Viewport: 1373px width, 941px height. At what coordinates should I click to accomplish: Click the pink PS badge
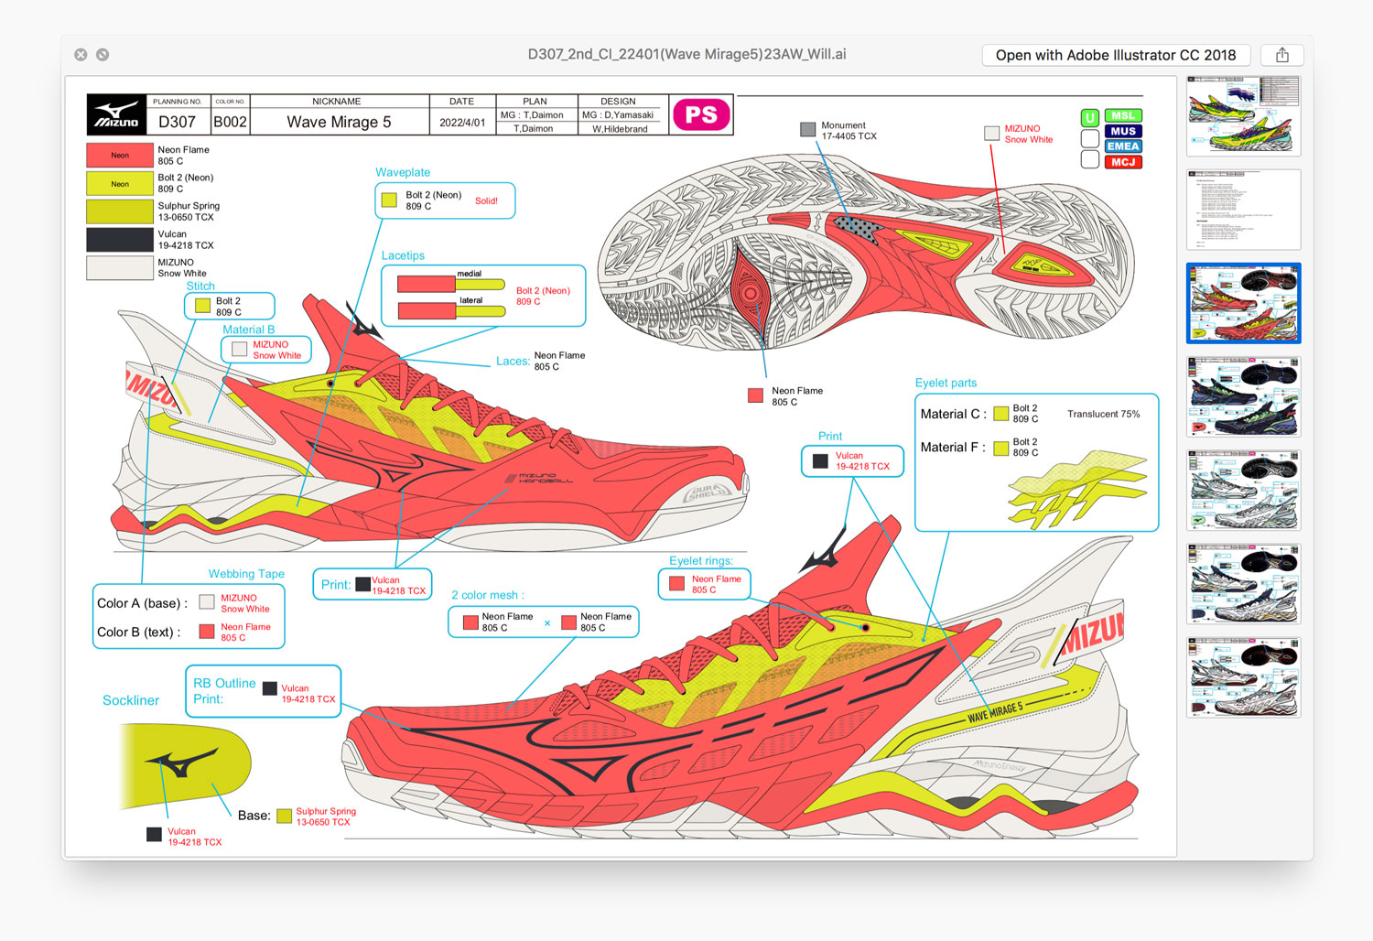point(701,114)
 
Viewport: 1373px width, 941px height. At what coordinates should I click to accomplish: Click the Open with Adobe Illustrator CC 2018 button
point(1115,55)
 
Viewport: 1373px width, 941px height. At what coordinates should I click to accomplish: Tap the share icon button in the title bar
point(1281,55)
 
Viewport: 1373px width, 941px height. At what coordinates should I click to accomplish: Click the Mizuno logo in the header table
point(117,115)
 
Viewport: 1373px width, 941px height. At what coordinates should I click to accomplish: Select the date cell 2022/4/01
point(462,122)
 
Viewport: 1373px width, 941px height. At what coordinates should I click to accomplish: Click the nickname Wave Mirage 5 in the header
point(339,122)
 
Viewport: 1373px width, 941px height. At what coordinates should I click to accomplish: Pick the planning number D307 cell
point(177,122)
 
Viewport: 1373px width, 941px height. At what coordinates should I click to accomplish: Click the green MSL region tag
point(1123,116)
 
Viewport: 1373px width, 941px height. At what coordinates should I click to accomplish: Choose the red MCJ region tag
point(1123,162)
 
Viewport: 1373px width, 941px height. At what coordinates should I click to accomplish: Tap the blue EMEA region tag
point(1123,146)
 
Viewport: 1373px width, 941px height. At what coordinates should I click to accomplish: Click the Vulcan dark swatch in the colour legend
point(120,240)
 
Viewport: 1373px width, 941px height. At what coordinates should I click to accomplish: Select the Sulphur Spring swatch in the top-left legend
point(120,211)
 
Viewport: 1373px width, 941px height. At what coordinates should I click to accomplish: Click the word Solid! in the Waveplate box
point(486,201)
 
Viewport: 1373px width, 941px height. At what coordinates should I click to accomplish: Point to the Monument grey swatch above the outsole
point(807,130)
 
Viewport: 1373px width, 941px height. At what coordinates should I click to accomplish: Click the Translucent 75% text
point(1103,415)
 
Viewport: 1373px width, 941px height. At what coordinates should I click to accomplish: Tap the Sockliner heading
point(131,700)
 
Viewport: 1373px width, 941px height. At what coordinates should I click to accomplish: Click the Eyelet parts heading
point(946,383)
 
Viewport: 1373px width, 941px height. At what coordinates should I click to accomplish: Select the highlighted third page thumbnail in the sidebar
point(1243,303)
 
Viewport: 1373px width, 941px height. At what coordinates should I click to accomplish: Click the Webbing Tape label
point(246,574)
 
